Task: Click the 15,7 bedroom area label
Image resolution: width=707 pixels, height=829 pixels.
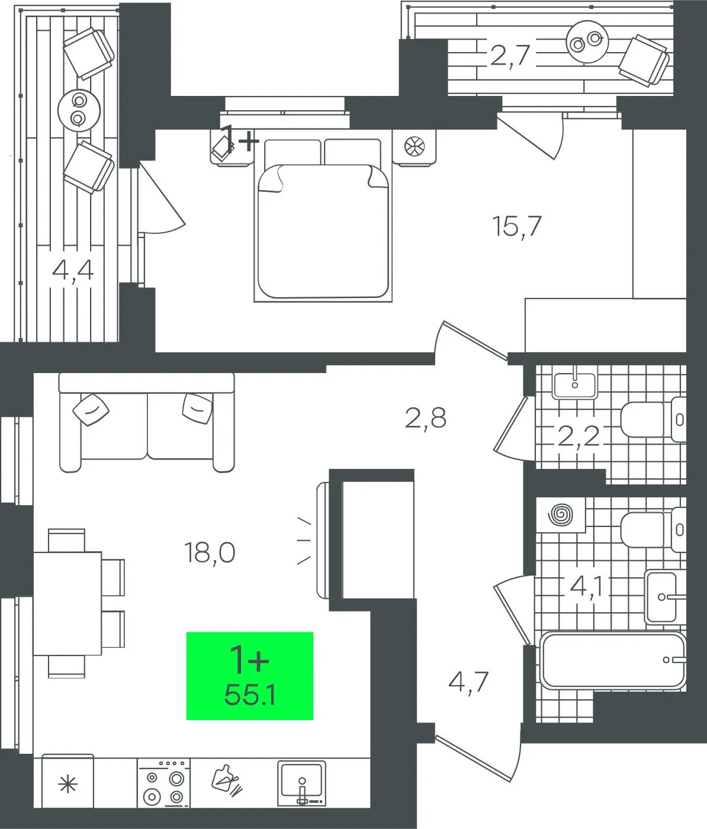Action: coord(517,227)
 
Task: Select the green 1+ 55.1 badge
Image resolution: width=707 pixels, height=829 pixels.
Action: coord(249,676)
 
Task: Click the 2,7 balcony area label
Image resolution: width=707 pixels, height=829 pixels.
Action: coord(510,56)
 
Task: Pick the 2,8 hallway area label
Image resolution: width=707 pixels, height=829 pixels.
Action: coord(426,418)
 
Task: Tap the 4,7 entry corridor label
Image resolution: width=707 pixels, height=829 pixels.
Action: coord(468,683)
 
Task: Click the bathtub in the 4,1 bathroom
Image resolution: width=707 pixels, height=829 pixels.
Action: coord(612,661)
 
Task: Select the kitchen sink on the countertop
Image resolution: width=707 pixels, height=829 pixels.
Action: coord(301,783)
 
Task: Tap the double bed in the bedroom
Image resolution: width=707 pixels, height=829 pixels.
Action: coord(323,220)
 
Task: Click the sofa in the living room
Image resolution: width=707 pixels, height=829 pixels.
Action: coord(147,422)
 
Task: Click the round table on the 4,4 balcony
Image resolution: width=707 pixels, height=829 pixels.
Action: coord(79,110)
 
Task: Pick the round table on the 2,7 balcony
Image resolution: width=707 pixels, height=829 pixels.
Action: coord(587,41)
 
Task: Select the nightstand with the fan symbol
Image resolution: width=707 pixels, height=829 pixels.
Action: coord(414,146)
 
